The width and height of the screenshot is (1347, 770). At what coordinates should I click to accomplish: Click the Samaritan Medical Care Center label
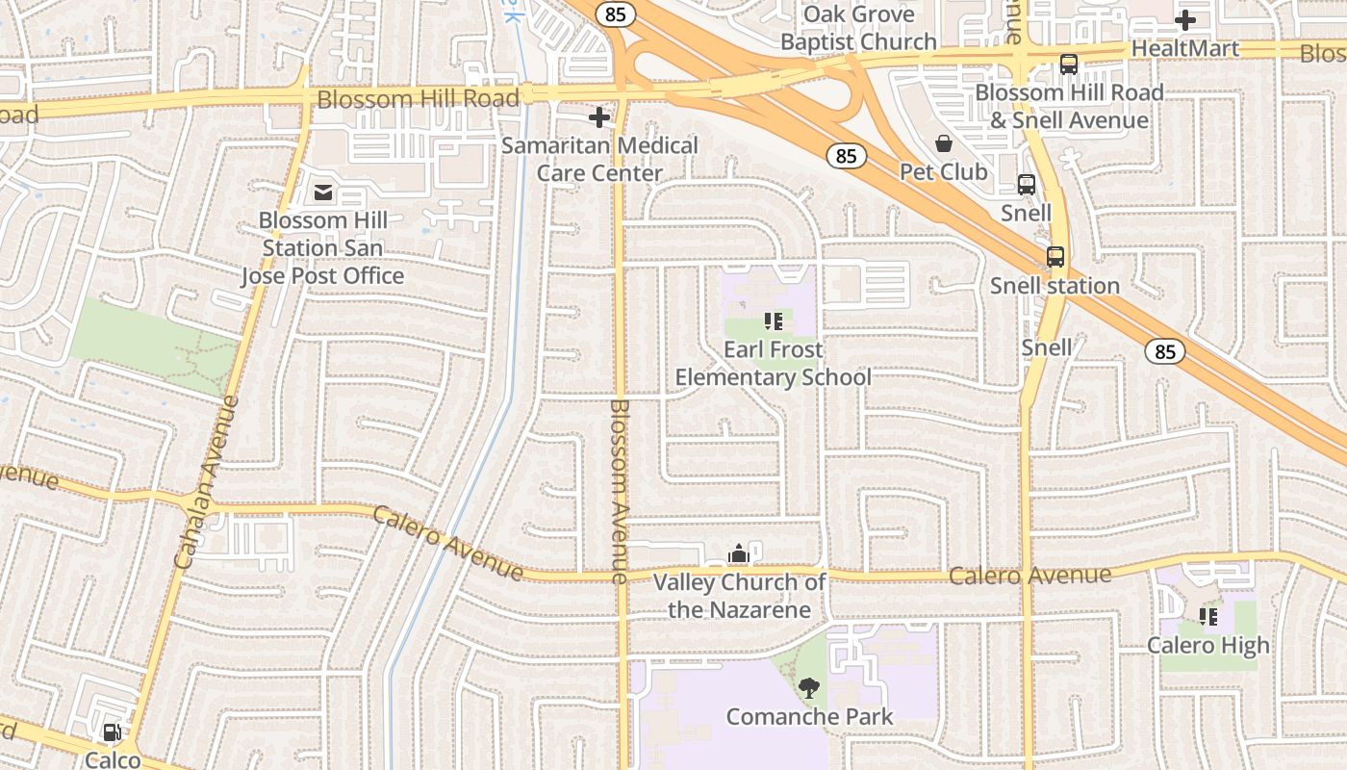[x=599, y=160]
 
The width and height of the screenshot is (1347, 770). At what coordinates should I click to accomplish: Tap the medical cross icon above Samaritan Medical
[x=599, y=117]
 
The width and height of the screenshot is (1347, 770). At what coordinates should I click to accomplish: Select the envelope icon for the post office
[x=322, y=193]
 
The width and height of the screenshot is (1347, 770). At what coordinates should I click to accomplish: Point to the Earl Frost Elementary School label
[x=773, y=363]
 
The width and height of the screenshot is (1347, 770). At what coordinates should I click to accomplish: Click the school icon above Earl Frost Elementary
[x=773, y=321]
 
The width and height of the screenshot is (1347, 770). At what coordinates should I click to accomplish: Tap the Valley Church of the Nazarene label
[x=739, y=596]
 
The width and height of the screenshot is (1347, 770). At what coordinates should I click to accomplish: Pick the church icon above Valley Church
[x=738, y=553]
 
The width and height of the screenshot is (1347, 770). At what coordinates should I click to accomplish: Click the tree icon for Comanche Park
[x=808, y=687]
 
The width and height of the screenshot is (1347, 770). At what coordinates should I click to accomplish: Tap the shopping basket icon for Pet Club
[x=943, y=143]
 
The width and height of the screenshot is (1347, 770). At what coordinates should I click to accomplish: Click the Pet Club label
[x=943, y=172]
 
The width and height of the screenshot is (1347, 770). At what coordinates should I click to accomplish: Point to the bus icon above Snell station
[x=1055, y=257]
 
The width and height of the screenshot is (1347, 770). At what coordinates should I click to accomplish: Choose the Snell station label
[x=1055, y=286]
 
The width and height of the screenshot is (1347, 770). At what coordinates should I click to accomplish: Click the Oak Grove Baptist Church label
[x=858, y=28]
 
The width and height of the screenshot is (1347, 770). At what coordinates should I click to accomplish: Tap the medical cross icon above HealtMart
[x=1185, y=19]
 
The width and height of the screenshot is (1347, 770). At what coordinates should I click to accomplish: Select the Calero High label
[x=1207, y=646]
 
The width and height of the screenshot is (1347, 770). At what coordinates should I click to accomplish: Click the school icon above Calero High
[x=1207, y=616]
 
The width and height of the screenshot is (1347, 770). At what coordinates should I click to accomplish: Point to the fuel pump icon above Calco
[x=113, y=732]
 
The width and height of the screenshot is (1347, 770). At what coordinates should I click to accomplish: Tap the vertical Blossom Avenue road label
[x=619, y=491]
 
